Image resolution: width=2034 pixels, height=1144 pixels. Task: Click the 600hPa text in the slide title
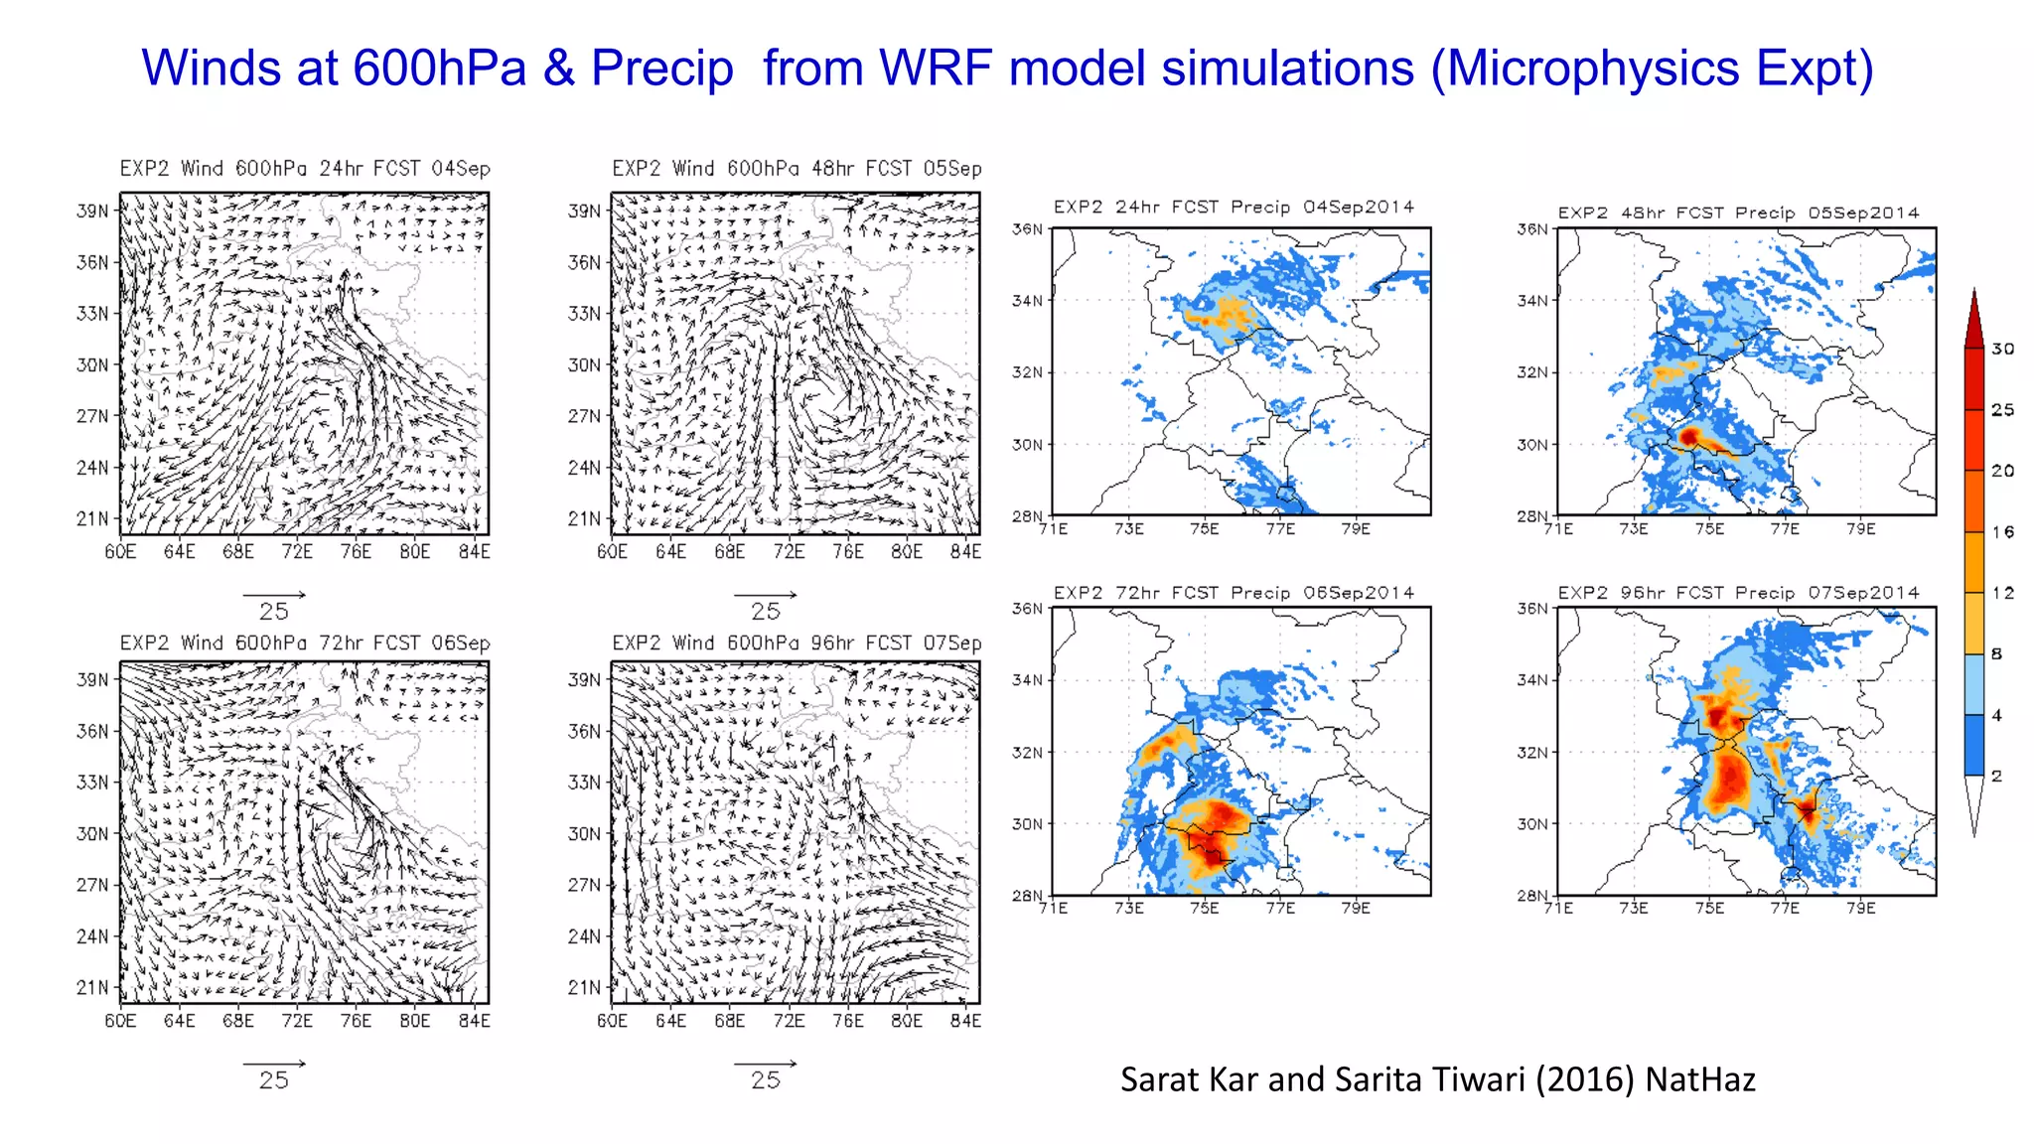439,69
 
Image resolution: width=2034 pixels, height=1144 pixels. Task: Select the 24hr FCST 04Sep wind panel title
305,168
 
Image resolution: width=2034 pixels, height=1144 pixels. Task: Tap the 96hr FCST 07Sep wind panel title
797,643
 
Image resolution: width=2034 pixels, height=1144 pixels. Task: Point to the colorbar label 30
2002,349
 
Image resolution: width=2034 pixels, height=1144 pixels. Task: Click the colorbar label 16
2002,532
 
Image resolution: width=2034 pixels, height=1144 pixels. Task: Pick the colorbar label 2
1996,776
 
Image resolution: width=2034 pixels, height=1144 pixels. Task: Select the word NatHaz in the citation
1700,1079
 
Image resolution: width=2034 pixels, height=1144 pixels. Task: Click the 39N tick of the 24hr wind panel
92,211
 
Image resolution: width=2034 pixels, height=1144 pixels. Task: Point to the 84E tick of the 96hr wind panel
965,1020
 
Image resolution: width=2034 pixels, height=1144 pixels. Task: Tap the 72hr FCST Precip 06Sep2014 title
1234,593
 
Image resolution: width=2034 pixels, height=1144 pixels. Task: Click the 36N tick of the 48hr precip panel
1531,228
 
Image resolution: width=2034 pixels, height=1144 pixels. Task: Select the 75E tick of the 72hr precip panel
1204,908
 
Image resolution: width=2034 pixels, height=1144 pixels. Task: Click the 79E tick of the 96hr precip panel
1860,908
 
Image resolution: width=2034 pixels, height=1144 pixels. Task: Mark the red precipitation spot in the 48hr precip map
1689,436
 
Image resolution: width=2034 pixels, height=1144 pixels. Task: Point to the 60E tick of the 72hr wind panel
120,1020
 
